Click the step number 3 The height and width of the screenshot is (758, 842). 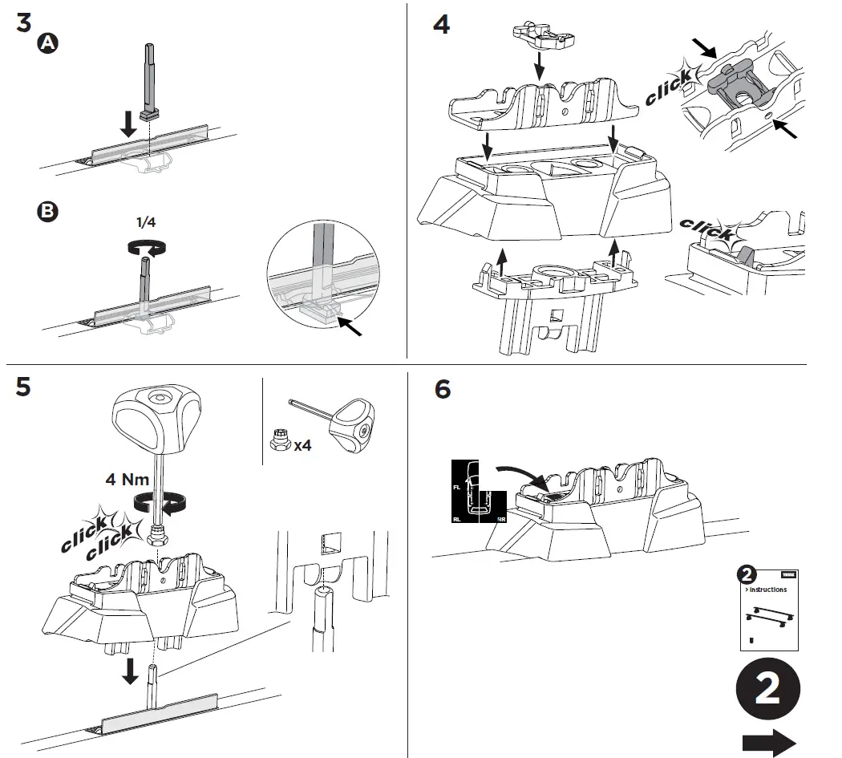pos(23,22)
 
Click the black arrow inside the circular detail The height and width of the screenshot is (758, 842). pos(350,325)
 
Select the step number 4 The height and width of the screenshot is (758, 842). pos(442,24)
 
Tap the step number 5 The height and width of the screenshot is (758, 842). pos(23,387)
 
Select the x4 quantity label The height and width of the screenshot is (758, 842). pos(302,444)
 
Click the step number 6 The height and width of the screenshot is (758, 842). pos(442,390)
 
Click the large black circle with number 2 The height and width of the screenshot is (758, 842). pos(767,690)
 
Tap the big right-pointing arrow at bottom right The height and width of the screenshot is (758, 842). pos(768,742)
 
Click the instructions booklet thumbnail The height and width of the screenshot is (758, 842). pos(767,607)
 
